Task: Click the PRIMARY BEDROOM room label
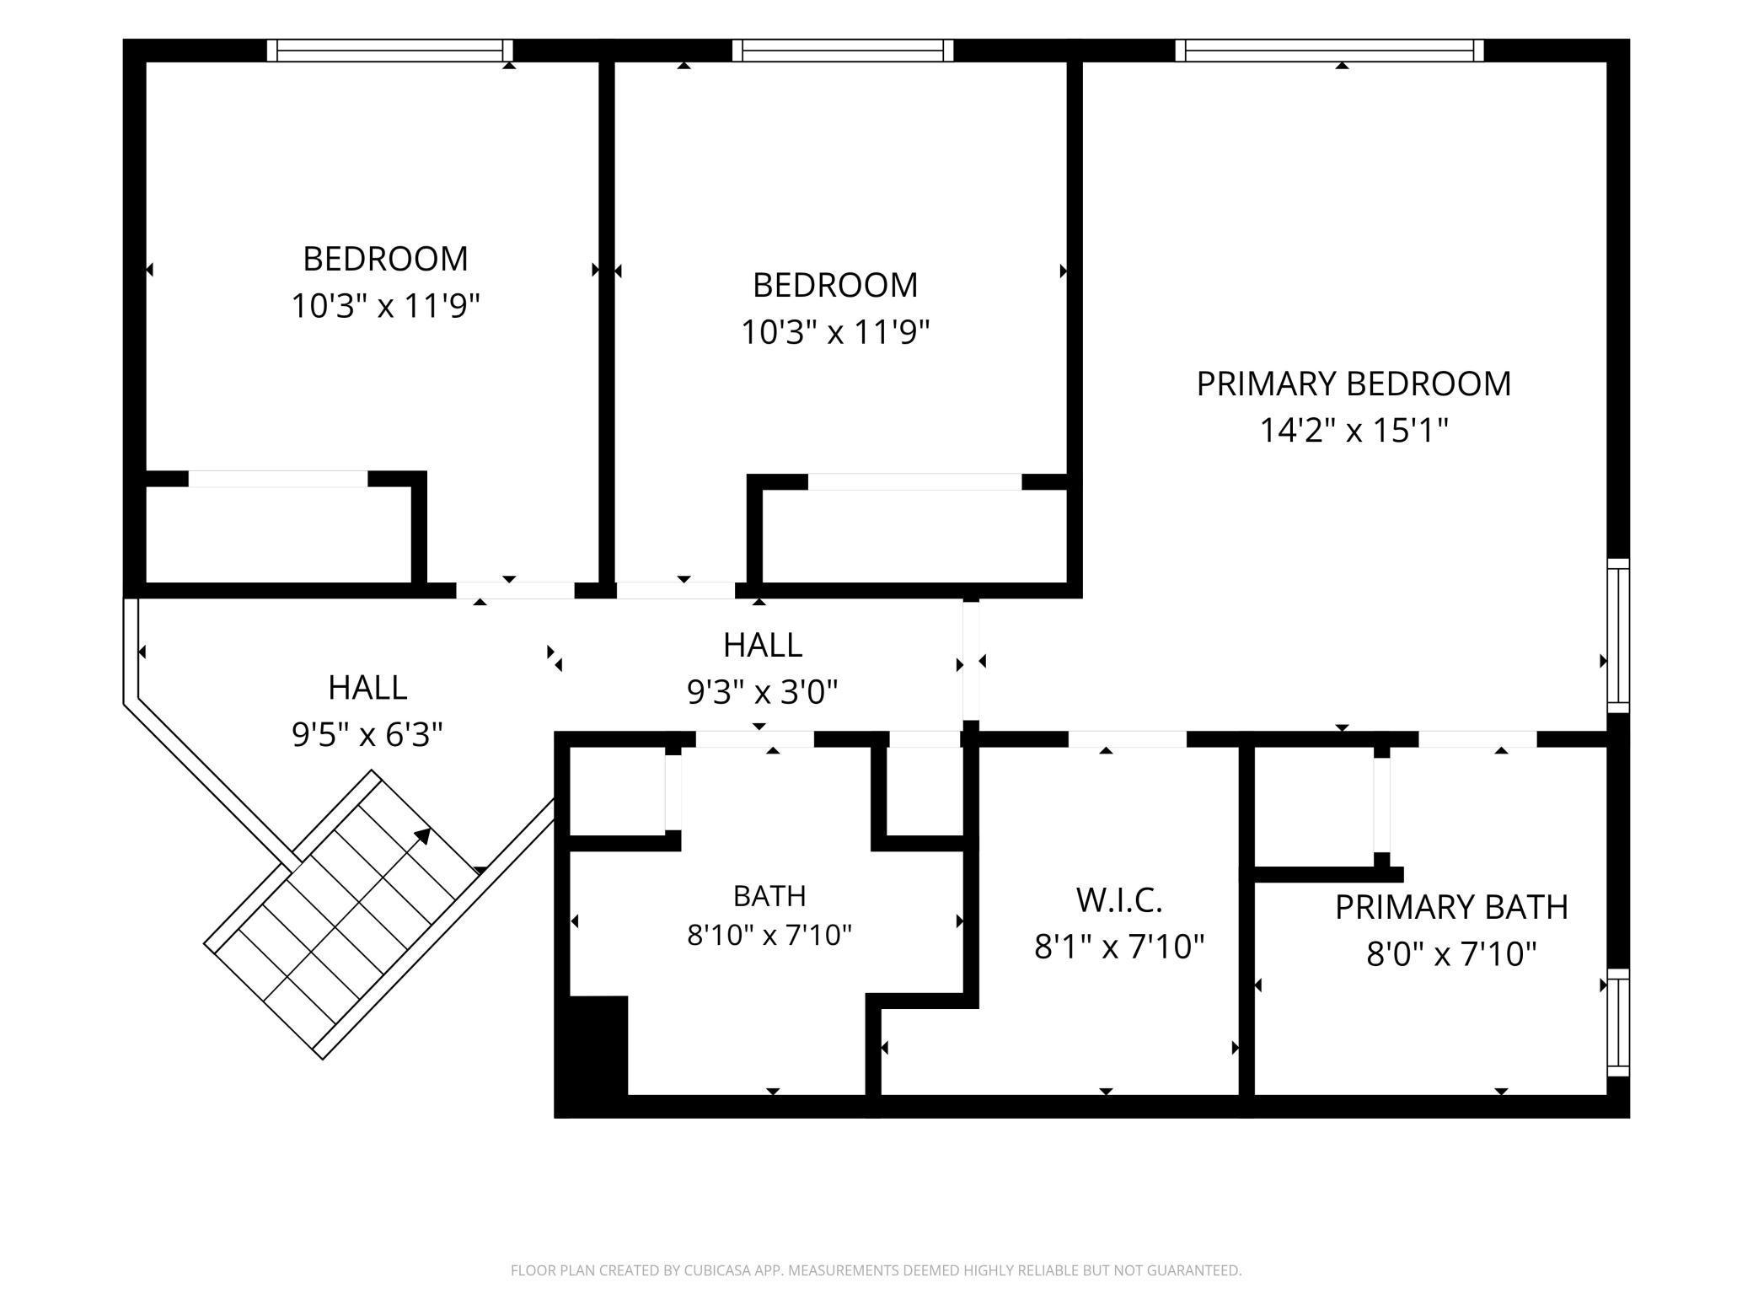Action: tap(1354, 384)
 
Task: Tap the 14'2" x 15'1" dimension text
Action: tap(1354, 431)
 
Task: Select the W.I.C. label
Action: tap(1119, 900)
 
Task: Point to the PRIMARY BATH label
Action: tap(1451, 907)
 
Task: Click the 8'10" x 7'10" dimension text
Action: tap(769, 935)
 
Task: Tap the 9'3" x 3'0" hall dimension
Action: tap(763, 692)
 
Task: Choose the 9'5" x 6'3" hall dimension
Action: tap(367, 734)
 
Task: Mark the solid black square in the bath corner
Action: tap(598, 1045)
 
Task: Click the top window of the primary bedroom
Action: tap(1330, 51)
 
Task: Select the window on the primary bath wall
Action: tap(1618, 1022)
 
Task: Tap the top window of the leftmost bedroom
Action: tap(390, 51)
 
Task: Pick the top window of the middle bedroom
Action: tap(843, 51)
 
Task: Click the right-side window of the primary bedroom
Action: tap(1618, 636)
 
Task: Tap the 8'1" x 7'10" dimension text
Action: tap(1119, 947)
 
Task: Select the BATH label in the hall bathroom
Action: tap(769, 895)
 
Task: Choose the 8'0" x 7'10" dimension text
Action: tap(1451, 954)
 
